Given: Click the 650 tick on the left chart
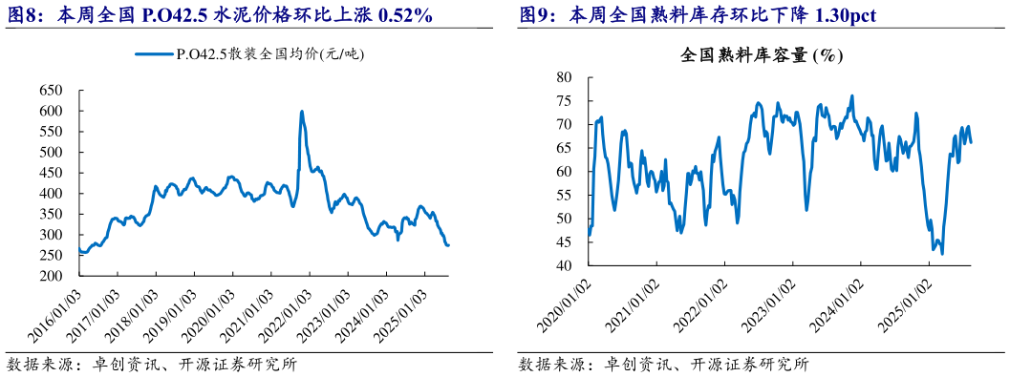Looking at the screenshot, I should pyautogui.click(x=50, y=91).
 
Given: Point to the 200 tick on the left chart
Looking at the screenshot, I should pyautogui.click(x=50, y=276).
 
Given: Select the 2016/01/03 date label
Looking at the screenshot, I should pyautogui.click(x=55, y=309).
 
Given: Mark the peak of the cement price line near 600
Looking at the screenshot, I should pyautogui.click(x=302, y=112).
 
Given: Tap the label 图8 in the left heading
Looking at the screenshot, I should pyautogui.click(x=25, y=15).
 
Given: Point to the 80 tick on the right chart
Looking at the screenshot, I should pyautogui.click(x=563, y=77).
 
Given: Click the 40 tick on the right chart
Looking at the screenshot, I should pyautogui.click(x=563, y=265).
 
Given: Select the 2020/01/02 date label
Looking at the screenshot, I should pyautogui.click(x=567, y=305).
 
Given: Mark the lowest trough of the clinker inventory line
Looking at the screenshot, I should pyautogui.click(x=942, y=254).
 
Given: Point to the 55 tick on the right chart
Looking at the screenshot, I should pyautogui.click(x=563, y=195).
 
